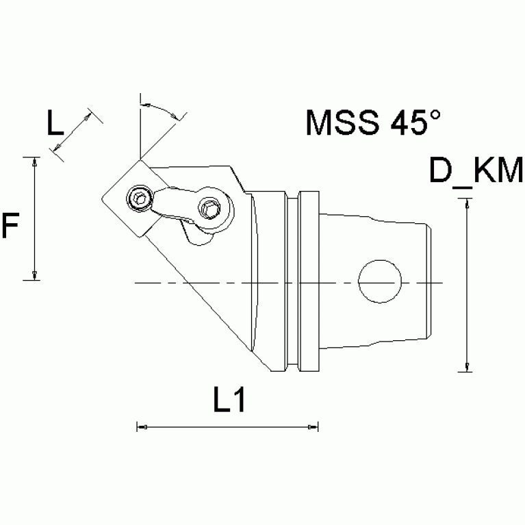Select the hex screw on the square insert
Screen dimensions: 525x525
(x=139, y=199)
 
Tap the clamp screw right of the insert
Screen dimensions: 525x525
(x=209, y=206)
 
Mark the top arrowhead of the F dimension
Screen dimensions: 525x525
(x=33, y=160)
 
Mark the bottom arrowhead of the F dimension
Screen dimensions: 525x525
(x=33, y=277)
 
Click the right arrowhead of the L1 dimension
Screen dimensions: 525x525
(x=313, y=428)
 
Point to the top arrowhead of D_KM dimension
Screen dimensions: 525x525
(x=468, y=201)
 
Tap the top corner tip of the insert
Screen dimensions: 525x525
(x=141, y=159)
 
